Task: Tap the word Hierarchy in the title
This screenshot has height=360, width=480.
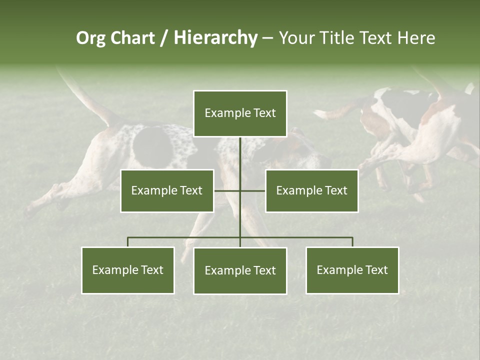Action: (215, 38)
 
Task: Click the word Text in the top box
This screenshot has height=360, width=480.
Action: (265, 113)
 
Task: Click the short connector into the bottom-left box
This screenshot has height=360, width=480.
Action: (128, 242)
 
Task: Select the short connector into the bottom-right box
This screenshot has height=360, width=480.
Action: (352, 242)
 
